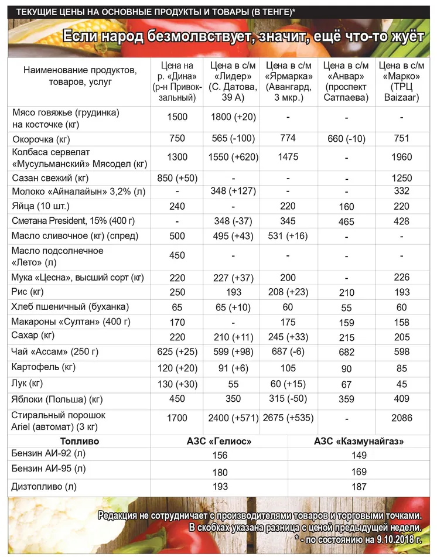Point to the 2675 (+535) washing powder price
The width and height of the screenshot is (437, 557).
coord(289,418)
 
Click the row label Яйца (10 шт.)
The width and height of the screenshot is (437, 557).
coord(40,206)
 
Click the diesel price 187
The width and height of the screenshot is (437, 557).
coord(359,486)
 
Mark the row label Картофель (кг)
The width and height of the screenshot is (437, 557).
coord(44,367)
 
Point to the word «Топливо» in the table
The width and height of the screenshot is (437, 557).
coord(80,441)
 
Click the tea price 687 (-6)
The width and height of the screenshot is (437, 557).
coord(289,351)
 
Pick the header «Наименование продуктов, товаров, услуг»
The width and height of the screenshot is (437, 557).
coord(80,76)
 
